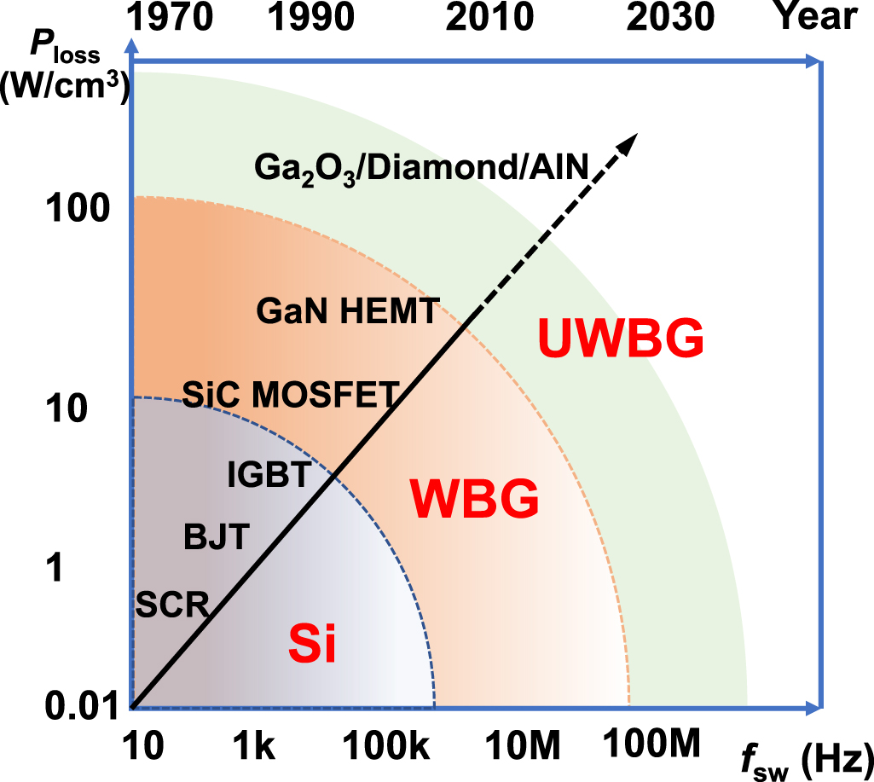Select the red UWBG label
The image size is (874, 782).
pyautogui.click(x=621, y=339)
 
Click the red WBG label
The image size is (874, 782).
pyautogui.click(x=474, y=499)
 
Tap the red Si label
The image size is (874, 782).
pyautogui.click(x=312, y=646)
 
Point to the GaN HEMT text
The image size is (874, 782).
pyautogui.click(x=348, y=312)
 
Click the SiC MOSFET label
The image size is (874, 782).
pyautogui.click(x=291, y=394)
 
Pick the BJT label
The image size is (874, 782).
pyautogui.click(x=216, y=537)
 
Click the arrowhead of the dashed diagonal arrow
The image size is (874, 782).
pyautogui.click(x=629, y=143)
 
